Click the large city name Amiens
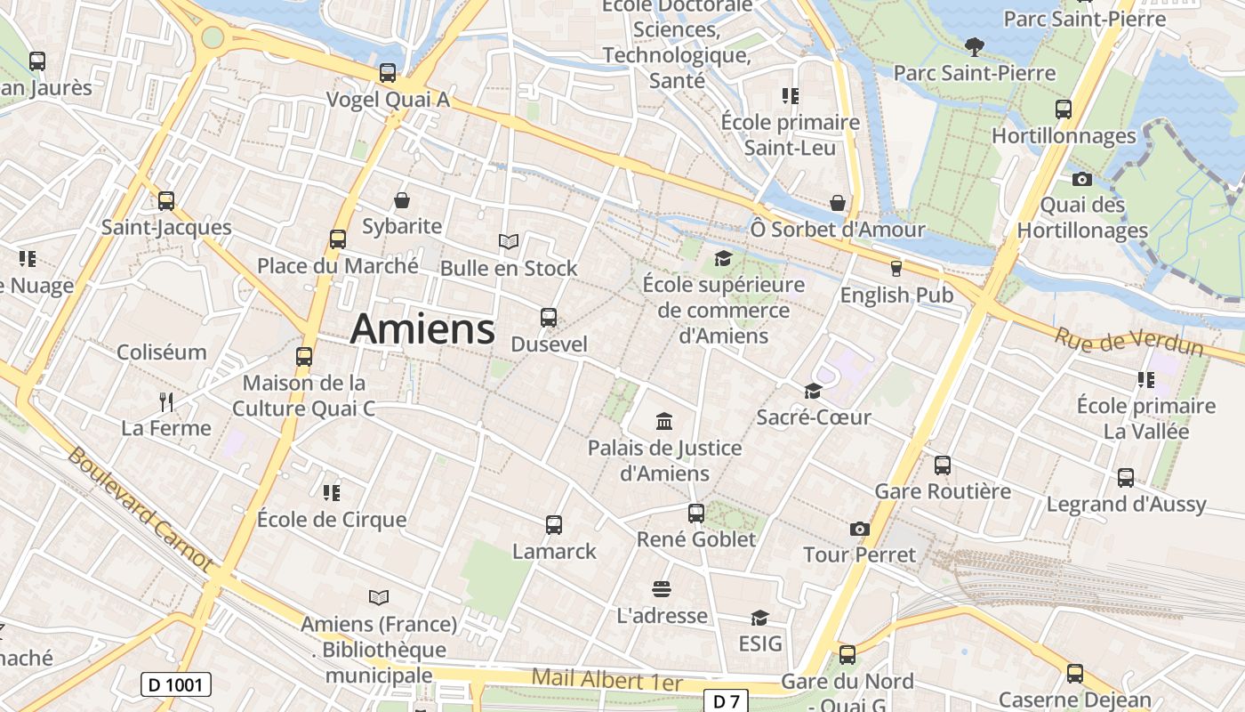coord(422,329)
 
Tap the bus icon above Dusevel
coord(549,317)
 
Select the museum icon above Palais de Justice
coord(663,421)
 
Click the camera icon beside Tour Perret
coord(858,529)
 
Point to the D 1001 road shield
coord(175,684)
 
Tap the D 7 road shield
coord(726,701)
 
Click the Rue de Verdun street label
coord(1129,342)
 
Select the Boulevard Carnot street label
coord(140,508)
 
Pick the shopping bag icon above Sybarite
coord(402,199)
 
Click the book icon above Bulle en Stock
coord(508,241)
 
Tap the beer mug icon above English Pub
coord(896,268)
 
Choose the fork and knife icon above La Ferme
coord(165,401)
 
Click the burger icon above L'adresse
coord(661,588)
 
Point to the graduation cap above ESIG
coord(759,618)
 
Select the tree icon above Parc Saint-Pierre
coord(975,46)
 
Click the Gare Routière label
coord(943,491)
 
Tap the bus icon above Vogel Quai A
coord(388,73)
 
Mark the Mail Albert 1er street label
coord(606,680)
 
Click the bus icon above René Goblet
coord(696,513)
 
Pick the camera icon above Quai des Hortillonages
coord(1081,179)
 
